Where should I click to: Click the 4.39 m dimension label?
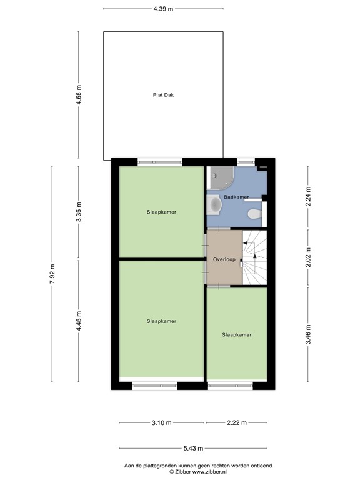[162, 9]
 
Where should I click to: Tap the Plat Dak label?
[163, 95]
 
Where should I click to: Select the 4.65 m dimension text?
[79, 95]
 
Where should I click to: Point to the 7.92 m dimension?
[52, 274]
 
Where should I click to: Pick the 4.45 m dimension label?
[79, 321]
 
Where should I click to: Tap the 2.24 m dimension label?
[307, 197]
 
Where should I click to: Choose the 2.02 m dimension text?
[307, 258]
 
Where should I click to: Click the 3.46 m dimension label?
[307, 335]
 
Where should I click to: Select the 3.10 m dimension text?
[161, 423]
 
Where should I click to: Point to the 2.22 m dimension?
[237, 423]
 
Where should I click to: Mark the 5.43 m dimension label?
[193, 448]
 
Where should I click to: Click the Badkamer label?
[237, 197]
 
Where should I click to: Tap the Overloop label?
[224, 259]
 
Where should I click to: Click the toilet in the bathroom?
[254, 214]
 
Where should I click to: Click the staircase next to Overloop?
[255, 257]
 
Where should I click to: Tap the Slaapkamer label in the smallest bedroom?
[237, 335]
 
